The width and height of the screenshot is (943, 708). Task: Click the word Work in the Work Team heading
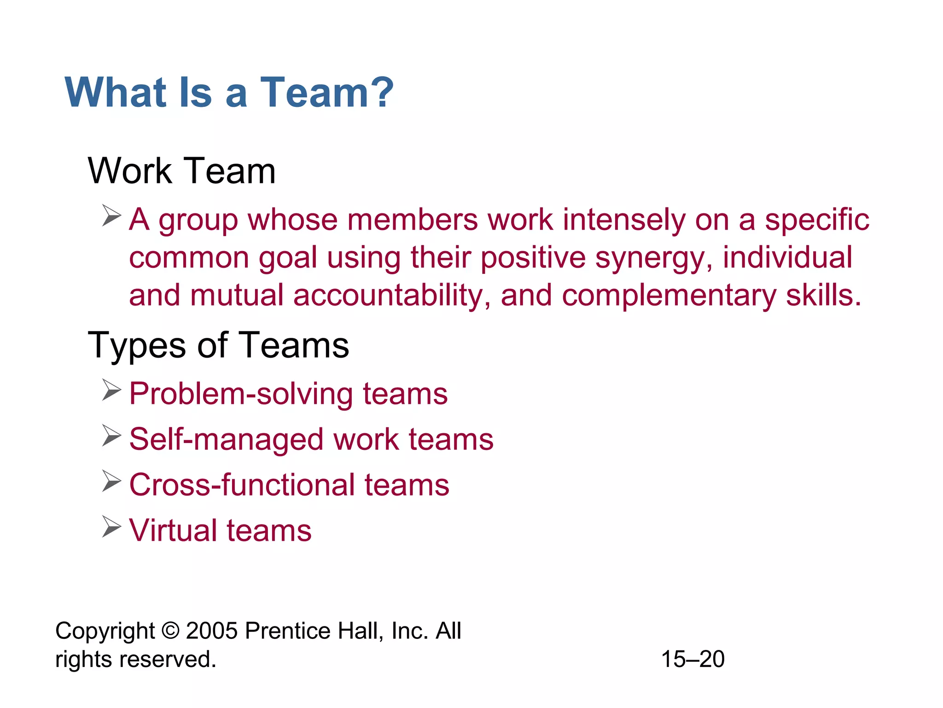129,171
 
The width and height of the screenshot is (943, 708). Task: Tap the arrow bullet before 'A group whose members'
111,216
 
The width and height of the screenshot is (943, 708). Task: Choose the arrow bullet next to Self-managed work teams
111,436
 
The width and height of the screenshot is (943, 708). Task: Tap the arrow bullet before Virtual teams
111,526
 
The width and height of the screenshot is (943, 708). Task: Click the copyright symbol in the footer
170,631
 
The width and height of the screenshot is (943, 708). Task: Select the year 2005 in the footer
211,631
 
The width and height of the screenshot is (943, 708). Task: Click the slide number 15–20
693,659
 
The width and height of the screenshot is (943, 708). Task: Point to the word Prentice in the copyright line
287,631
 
